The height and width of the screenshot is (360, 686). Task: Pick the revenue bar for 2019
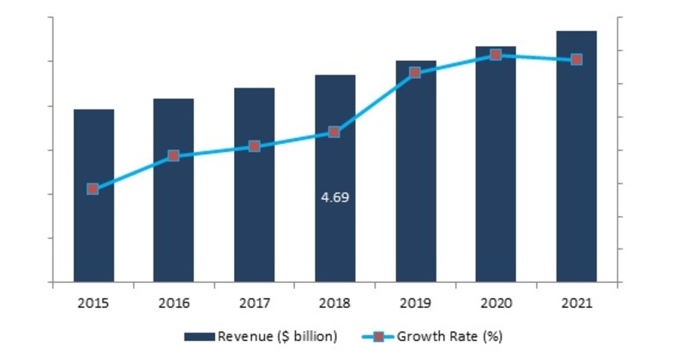(416, 171)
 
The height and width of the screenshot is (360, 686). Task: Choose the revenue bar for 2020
(496, 164)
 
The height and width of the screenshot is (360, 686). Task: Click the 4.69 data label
(335, 197)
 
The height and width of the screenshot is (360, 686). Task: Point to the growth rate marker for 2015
(93, 189)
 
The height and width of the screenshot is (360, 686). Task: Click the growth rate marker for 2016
(174, 156)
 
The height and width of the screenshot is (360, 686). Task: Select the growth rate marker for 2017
(255, 147)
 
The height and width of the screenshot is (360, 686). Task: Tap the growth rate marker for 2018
(335, 132)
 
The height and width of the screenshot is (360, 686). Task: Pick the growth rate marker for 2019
(416, 73)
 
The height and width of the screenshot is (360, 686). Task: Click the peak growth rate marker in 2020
(496, 55)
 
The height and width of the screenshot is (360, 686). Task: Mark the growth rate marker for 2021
(576, 60)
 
